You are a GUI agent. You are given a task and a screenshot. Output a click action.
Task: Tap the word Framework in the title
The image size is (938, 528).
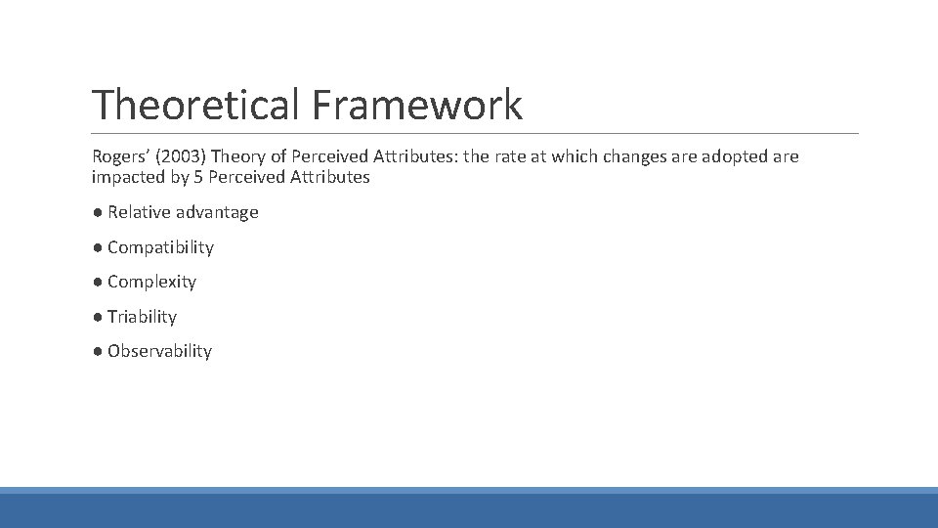(x=417, y=105)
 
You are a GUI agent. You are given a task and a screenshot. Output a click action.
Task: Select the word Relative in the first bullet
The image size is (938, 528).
(x=139, y=212)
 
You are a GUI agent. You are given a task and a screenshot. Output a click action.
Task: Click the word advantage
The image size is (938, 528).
(x=217, y=212)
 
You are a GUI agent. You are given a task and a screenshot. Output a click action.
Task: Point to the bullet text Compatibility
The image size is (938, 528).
(x=160, y=247)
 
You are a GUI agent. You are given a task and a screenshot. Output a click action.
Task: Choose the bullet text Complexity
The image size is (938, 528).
(x=151, y=282)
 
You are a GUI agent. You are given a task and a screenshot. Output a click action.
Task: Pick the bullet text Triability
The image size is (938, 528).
(x=142, y=317)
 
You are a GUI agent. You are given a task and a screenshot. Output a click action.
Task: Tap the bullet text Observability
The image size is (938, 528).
(x=159, y=351)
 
